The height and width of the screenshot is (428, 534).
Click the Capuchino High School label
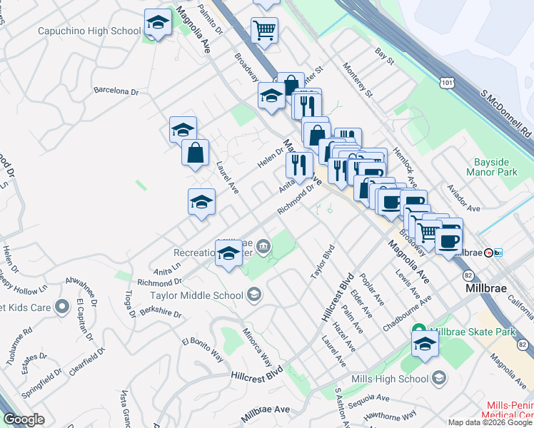coord(99,31)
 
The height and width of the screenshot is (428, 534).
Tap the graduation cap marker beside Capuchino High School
coord(158,24)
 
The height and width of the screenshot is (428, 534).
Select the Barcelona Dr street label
coord(116,91)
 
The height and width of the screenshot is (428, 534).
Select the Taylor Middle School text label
coord(196,295)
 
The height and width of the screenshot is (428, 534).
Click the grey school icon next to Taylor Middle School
coord(254,294)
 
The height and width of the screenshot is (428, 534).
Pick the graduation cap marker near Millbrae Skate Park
coord(425,343)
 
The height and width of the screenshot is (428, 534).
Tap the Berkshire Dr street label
coord(161,314)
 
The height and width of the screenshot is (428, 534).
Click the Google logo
coord(24,419)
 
